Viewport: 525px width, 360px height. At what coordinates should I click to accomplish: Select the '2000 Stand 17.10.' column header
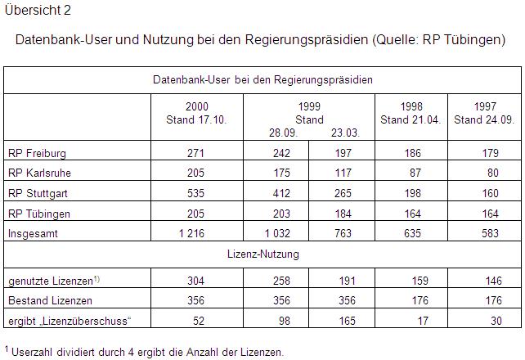196,114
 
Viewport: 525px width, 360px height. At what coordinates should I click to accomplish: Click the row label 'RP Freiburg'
37,153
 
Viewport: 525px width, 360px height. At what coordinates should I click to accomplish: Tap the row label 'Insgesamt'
32,233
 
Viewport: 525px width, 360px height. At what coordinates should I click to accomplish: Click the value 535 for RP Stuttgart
196,194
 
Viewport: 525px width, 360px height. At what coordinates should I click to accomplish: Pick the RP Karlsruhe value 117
343,173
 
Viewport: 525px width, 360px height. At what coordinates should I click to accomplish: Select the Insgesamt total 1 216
193,233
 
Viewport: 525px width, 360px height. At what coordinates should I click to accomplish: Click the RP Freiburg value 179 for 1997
489,153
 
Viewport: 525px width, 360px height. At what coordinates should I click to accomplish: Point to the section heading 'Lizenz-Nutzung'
262,254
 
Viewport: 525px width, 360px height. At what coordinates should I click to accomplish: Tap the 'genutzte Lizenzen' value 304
196,280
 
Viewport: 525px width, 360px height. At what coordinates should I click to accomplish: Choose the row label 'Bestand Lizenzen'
49,299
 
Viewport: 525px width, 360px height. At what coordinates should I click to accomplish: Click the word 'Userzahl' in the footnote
33,353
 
